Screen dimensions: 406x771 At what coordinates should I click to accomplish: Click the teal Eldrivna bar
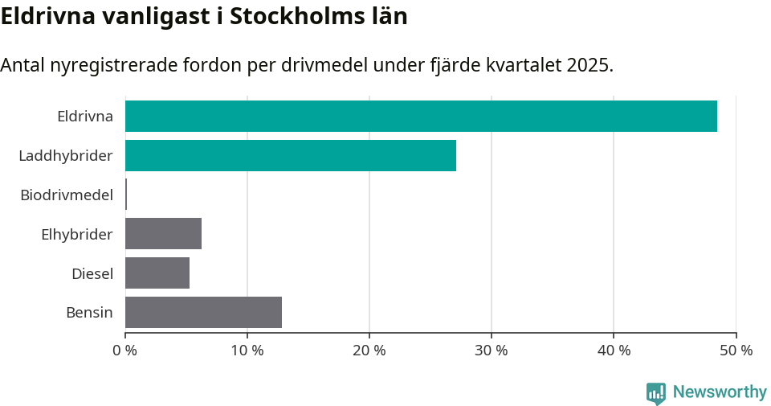point(421,116)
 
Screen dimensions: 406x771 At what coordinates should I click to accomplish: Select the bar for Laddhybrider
point(291,155)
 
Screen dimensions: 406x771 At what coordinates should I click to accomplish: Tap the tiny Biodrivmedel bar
point(126,195)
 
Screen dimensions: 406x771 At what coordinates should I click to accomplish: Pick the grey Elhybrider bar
point(163,234)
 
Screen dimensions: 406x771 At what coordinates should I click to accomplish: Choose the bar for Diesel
point(157,273)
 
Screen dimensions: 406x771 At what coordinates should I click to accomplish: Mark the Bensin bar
point(203,312)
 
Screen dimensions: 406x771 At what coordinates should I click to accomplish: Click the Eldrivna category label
point(85,116)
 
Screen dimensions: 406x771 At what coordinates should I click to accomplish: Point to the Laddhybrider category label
point(66,155)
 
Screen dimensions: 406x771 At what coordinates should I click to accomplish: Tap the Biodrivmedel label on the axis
point(67,195)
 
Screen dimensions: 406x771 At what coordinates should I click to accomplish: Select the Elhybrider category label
point(77,234)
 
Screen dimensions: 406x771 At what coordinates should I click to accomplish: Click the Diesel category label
point(92,273)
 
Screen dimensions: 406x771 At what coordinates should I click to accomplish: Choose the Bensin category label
point(89,312)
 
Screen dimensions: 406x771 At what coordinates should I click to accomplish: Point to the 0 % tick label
point(125,351)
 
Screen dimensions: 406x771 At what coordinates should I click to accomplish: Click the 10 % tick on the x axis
point(247,351)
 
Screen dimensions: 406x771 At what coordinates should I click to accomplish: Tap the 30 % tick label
point(492,351)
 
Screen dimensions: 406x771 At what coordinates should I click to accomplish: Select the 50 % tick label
point(736,351)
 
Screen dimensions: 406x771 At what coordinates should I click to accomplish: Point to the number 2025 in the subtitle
point(587,65)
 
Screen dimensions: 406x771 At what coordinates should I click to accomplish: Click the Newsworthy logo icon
point(656,392)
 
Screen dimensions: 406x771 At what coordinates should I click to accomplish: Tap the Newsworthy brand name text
point(720,392)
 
